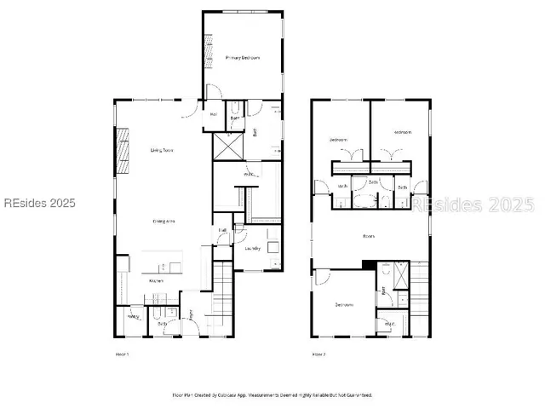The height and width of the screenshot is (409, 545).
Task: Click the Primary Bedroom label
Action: [243, 58]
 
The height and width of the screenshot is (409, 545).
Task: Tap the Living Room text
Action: [162, 151]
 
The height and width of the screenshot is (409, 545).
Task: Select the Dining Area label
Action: [164, 222]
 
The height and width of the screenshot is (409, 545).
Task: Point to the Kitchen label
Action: [157, 280]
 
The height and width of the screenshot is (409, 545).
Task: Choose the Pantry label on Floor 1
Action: [133, 317]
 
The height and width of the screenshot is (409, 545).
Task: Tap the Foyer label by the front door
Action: [192, 314]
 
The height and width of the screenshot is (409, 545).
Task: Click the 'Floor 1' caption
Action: [122, 353]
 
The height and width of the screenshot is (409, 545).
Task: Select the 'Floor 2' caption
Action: [318, 353]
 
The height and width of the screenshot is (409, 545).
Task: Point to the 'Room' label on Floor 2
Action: [369, 236]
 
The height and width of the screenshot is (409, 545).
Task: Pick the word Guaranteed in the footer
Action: [357, 395]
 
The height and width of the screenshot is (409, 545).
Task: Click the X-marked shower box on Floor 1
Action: [227, 146]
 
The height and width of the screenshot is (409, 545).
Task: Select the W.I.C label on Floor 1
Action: [250, 176]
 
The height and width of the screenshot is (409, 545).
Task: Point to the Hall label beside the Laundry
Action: [221, 229]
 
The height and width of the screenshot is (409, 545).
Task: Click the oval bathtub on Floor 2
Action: [365, 201]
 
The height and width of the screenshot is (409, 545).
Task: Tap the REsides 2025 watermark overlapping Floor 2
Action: [473, 204]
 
